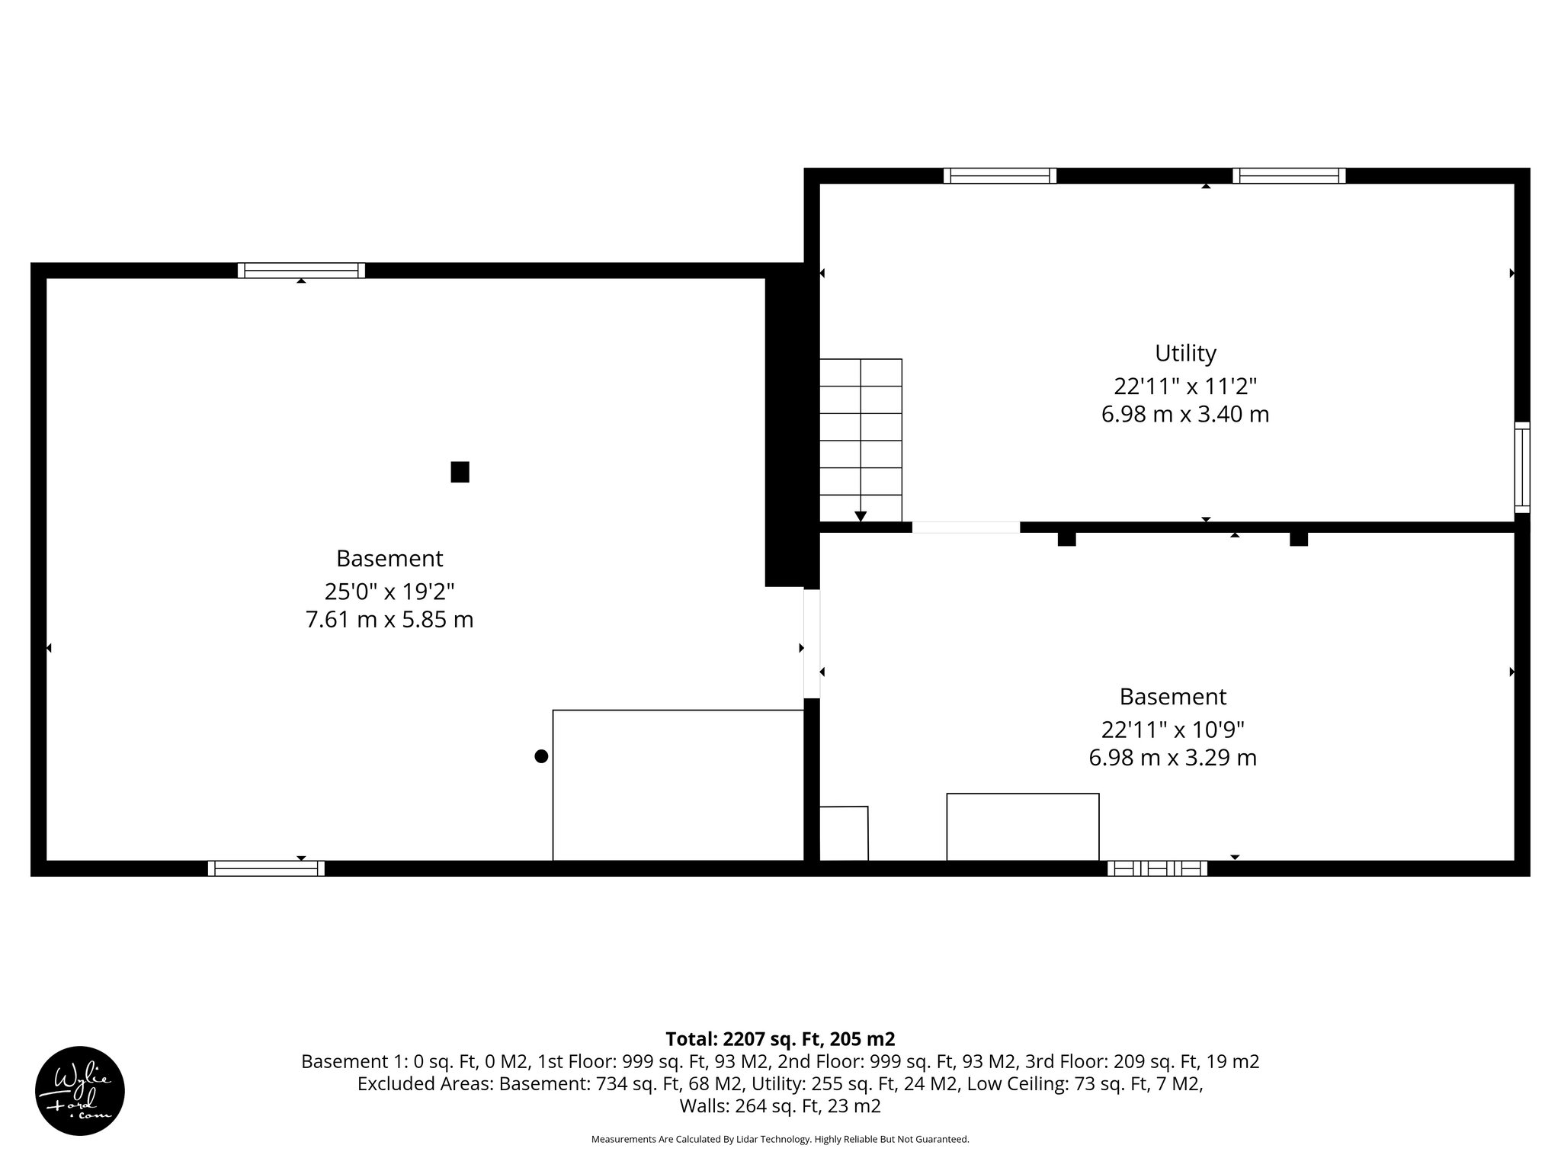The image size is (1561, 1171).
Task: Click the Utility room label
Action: [x=1185, y=354]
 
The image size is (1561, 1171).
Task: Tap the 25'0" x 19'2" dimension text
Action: [x=389, y=591]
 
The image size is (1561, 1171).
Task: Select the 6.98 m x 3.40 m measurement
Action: [x=1185, y=415]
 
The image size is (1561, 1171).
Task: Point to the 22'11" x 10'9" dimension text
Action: [x=1172, y=730]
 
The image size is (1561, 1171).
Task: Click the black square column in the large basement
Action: [x=460, y=472]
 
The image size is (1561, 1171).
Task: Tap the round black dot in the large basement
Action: [x=541, y=756]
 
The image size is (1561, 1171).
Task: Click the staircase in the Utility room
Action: [x=861, y=440]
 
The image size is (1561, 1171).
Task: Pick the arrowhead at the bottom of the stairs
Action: [x=861, y=516]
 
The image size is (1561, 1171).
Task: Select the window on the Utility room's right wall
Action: [x=1521, y=467]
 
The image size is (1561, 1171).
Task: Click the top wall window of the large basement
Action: [x=301, y=270]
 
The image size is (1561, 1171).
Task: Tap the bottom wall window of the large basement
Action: [x=266, y=868]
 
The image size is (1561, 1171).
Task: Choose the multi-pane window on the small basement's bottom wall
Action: [x=1157, y=868]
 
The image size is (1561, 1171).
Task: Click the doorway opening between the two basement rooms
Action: [x=812, y=643]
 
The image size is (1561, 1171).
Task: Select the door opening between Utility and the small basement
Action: [x=966, y=527]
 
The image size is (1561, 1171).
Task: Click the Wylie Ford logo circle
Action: [x=80, y=1091]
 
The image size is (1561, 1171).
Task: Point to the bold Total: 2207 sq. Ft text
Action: [x=780, y=1039]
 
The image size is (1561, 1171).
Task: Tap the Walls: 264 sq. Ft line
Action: [x=780, y=1106]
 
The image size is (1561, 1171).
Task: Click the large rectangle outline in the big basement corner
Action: [x=678, y=785]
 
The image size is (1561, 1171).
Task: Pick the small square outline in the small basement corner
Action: [x=844, y=833]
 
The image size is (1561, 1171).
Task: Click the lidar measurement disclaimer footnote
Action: [x=780, y=1140]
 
